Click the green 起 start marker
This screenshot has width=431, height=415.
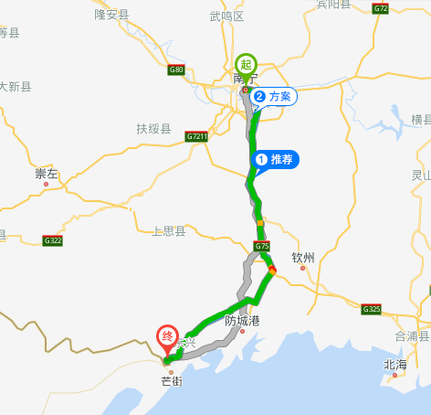pos(245,64)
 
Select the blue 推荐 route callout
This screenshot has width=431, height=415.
pos(278,160)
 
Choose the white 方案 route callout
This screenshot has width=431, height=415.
pos(275,97)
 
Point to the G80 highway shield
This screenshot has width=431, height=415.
pos(176,69)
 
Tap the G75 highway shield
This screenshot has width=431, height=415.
pos(262,246)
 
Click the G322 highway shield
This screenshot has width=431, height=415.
pos(52,240)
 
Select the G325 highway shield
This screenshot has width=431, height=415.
pos(371,309)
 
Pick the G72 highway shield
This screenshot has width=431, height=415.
pos(381,8)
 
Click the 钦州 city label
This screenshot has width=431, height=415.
pos(303,258)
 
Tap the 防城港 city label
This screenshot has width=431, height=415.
pos(243,321)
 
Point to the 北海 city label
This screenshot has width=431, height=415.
pos(395,365)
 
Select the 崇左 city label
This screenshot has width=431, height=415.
pos(47,174)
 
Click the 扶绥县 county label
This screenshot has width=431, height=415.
pos(153,128)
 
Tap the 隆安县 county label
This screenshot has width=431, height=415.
pos(112,15)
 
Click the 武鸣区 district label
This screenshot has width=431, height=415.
pos(227,16)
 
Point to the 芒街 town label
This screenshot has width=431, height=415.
pos(171,380)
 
